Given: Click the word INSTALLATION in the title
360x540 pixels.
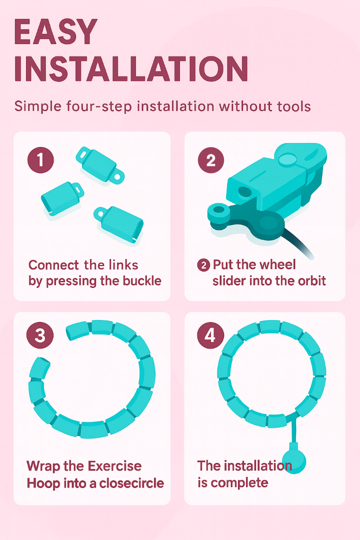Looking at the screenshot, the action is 131,69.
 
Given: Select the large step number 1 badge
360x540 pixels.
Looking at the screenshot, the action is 40,160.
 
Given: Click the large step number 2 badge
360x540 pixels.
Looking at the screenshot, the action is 211,160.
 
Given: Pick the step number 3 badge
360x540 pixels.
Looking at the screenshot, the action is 40,335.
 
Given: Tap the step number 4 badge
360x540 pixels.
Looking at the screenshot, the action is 210,335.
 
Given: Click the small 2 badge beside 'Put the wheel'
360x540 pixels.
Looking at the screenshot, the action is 203,265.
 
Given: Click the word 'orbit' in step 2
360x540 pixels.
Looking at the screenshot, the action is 312,281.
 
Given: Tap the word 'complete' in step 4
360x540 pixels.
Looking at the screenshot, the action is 239,483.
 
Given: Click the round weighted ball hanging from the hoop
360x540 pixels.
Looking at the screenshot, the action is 294,462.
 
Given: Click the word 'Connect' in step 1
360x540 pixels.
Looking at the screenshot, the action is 53,265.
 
